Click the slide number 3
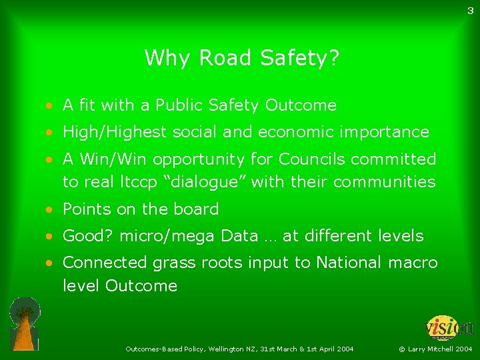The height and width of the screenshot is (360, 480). [471, 10]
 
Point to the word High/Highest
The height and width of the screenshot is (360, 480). [114, 132]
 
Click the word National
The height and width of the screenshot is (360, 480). [349, 263]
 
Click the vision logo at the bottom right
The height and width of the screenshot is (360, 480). [449, 328]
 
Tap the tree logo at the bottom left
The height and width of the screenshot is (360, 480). [25, 323]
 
